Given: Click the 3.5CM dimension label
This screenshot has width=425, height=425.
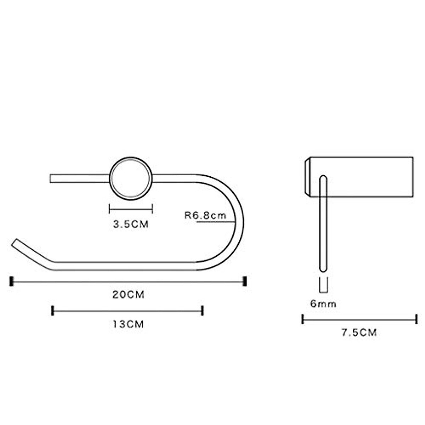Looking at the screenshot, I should tap(131, 224).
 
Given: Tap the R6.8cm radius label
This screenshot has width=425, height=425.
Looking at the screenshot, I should tap(205, 215).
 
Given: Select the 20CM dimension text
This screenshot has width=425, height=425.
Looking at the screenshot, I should tap(128, 295).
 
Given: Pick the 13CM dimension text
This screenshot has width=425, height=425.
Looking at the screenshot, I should tap(128, 324).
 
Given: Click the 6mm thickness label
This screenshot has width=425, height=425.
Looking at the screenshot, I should tap(323, 304).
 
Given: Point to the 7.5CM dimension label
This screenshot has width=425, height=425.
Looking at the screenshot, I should tap(359, 333).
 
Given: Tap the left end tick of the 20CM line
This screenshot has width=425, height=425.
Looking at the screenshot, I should tap(11, 281).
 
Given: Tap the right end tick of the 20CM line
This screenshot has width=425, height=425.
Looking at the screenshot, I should tap(244, 281).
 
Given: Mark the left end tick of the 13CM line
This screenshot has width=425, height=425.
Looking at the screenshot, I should tap(53, 311).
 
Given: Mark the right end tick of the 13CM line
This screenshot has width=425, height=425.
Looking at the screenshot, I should tap(202, 311).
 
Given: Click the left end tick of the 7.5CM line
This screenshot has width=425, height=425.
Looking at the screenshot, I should tap(303, 319).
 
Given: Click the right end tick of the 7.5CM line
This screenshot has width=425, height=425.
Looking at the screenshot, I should tap(416, 319).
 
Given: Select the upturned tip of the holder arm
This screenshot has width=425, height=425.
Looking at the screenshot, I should tap(16, 244).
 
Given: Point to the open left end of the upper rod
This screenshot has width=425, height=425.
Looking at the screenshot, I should tap(51, 178).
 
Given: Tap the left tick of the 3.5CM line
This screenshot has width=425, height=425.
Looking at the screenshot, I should tap(110, 209).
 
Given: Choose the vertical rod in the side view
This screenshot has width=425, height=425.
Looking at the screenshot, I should tap(323, 223).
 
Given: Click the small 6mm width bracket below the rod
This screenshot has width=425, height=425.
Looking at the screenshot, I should tap(323, 285).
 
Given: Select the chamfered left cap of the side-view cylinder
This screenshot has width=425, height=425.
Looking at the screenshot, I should tap(307, 177).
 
